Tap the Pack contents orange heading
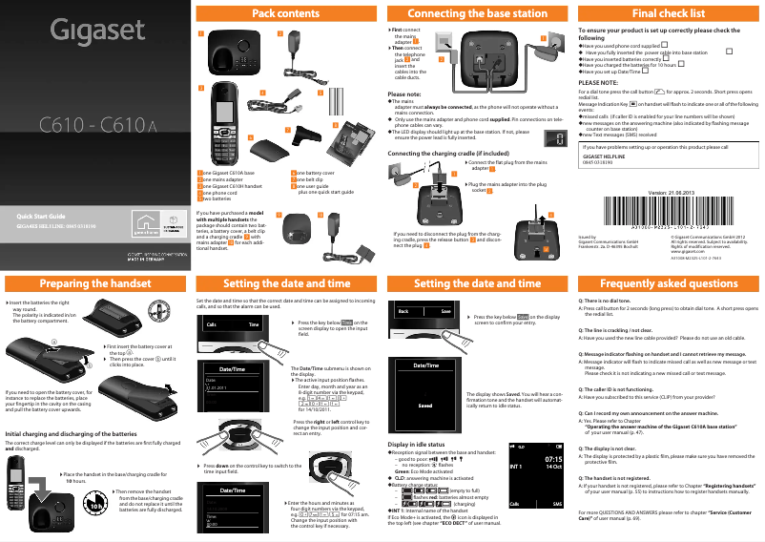(286, 14)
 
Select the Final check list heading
(669, 14)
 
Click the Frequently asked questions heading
(669, 283)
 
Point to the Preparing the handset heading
(95, 283)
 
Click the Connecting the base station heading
(477, 14)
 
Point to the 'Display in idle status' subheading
(417, 445)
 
